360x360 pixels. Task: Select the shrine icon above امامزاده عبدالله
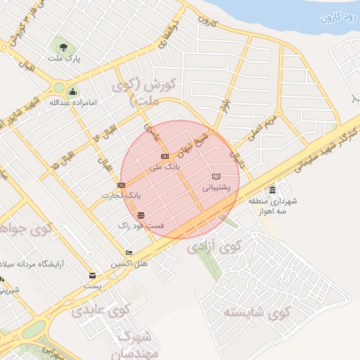click(x=72, y=91)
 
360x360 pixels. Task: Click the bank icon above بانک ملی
click(x=165, y=157)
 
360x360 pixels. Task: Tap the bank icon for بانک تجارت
click(x=122, y=184)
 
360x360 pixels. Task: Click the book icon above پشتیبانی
click(x=216, y=176)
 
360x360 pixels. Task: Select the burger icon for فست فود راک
click(x=141, y=214)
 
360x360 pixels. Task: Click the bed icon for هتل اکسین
click(x=128, y=252)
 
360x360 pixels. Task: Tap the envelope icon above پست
click(x=93, y=276)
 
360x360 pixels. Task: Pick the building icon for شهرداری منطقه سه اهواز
click(x=272, y=191)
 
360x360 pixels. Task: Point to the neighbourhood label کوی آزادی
click(x=214, y=247)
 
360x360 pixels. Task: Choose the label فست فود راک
click(x=141, y=226)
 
